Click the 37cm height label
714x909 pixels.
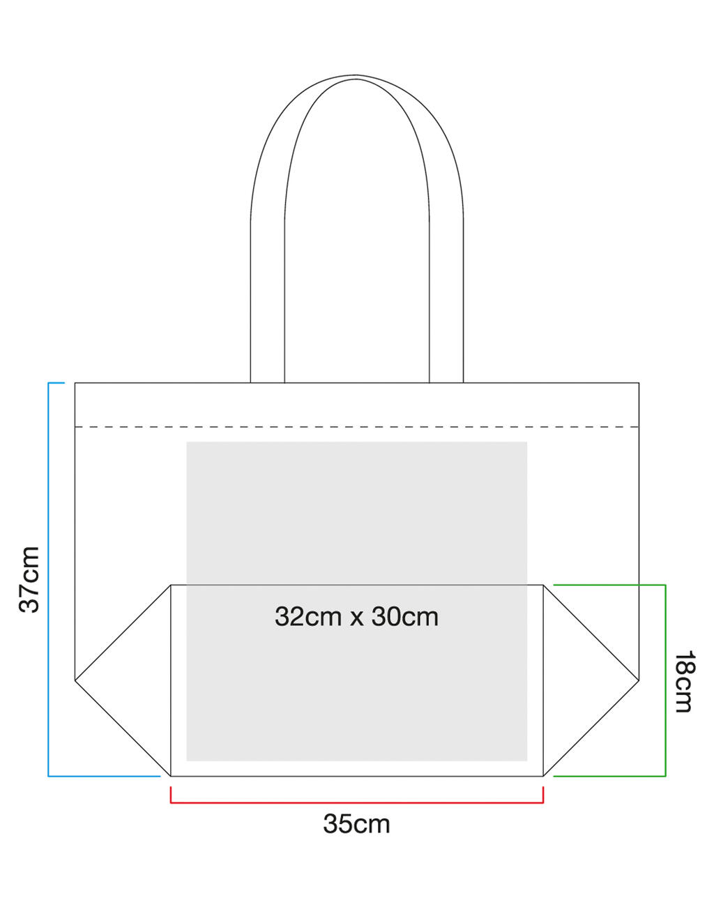29,579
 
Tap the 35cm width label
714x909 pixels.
356,824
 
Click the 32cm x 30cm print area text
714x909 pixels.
356,617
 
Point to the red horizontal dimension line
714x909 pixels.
356,803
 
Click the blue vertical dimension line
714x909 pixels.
48,579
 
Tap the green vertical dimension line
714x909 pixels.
666,680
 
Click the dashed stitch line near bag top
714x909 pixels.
356,426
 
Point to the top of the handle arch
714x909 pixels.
356,74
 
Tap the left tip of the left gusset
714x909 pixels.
75,678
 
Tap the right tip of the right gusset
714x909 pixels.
639,678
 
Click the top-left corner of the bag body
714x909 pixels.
75,383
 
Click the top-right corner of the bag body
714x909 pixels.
639,383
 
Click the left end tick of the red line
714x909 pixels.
171,795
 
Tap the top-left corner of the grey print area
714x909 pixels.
187,442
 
